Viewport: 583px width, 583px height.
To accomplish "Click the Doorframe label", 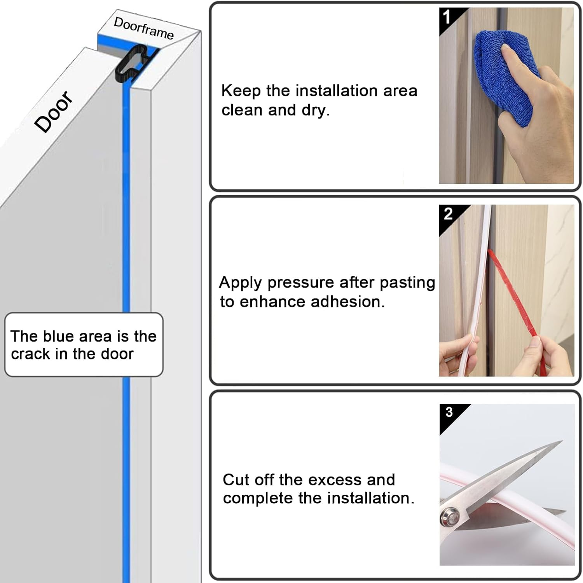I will (143, 28).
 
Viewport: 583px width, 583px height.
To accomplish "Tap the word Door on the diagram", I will (53, 112).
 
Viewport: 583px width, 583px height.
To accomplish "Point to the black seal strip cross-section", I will (131, 64).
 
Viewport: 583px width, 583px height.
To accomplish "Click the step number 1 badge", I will (447, 17).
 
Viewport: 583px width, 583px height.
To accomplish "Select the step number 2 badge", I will (448, 214).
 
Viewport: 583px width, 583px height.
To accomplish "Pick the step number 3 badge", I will (449, 412).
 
